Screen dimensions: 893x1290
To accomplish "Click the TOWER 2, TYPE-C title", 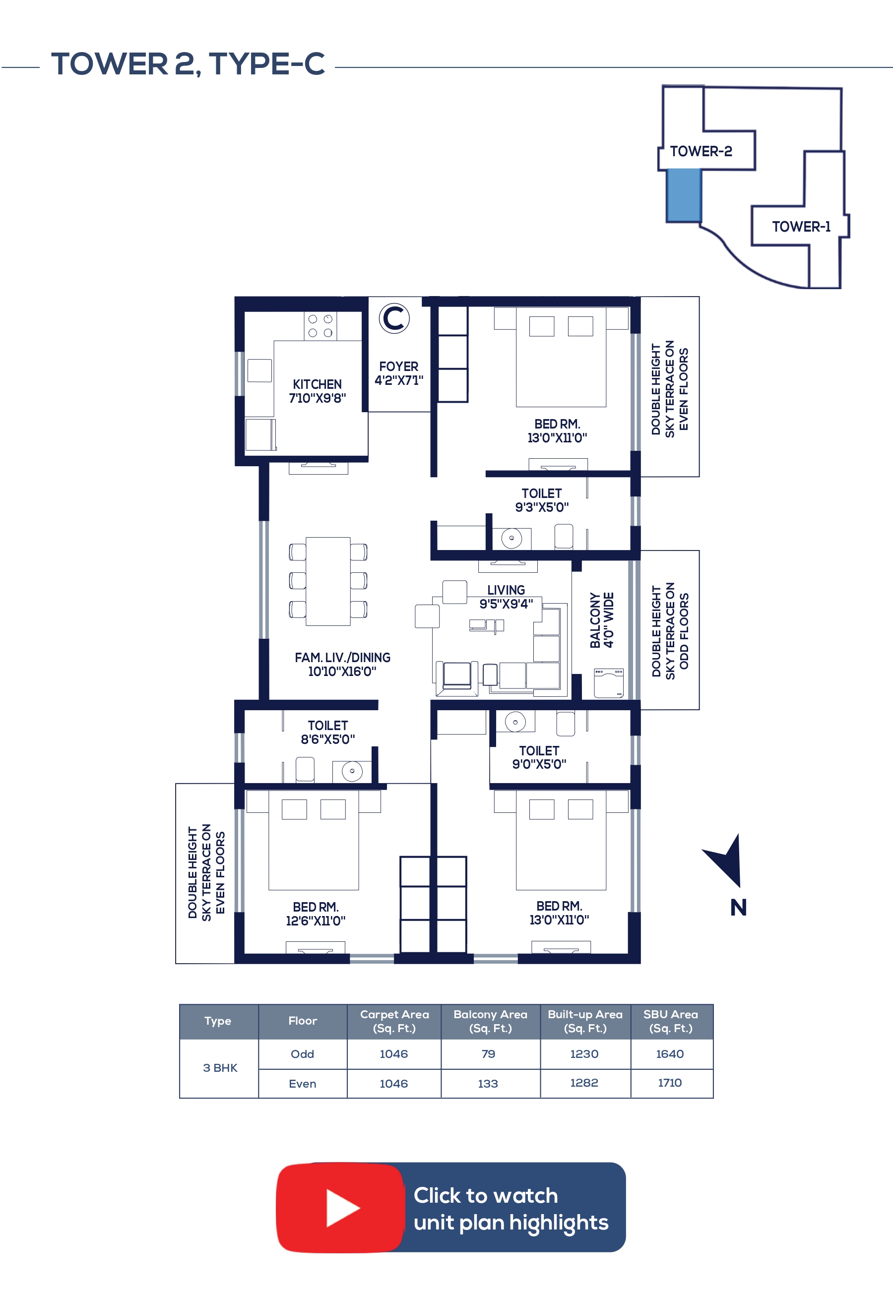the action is pyautogui.click(x=188, y=64).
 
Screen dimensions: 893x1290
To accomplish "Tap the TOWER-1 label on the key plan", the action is pyautogui.click(x=801, y=227).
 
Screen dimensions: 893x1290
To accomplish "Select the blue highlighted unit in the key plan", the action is pyautogui.click(x=683, y=195).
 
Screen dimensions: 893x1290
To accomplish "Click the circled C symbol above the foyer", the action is pyautogui.click(x=394, y=318).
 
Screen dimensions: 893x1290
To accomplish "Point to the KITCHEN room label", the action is pyautogui.click(x=317, y=384).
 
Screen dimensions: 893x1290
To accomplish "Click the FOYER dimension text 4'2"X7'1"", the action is pyautogui.click(x=399, y=380).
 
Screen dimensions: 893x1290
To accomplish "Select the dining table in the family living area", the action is pyautogui.click(x=328, y=581).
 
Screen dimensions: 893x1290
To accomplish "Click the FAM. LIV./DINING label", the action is pyautogui.click(x=342, y=657).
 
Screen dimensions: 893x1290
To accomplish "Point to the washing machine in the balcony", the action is pyautogui.click(x=609, y=682).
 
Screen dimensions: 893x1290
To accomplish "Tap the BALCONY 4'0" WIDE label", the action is pyautogui.click(x=602, y=620).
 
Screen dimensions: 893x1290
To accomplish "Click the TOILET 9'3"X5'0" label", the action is pyautogui.click(x=542, y=500).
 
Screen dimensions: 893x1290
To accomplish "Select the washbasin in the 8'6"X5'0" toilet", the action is pyautogui.click(x=352, y=771).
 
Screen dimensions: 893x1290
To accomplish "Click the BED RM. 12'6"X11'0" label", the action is pyautogui.click(x=316, y=914).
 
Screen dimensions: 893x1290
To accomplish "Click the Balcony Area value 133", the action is pyautogui.click(x=488, y=1084).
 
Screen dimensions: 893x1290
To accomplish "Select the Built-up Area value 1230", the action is pyautogui.click(x=584, y=1054).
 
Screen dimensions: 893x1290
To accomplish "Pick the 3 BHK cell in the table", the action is pyautogui.click(x=220, y=1068).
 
